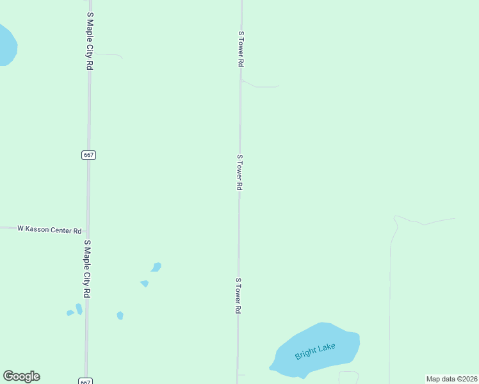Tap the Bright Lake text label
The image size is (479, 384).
click(x=314, y=351)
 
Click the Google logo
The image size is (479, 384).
click(x=21, y=376)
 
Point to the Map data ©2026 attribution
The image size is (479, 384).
click(x=451, y=379)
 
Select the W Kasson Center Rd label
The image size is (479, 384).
click(x=49, y=229)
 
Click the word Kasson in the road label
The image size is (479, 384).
click(x=40, y=228)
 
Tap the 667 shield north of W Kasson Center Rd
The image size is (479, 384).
click(x=89, y=155)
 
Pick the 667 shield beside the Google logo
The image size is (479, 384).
click(x=86, y=381)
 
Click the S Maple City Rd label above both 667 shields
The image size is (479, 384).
click(x=90, y=44)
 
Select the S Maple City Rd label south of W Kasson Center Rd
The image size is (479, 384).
click(x=86, y=268)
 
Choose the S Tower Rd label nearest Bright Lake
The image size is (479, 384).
click(x=238, y=296)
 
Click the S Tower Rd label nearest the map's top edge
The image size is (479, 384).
click(x=241, y=49)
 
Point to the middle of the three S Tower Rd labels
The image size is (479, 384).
click(x=239, y=172)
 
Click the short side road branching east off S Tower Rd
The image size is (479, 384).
click(x=263, y=85)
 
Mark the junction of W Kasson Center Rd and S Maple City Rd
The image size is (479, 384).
click(x=87, y=230)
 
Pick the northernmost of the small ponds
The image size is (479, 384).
click(x=156, y=266)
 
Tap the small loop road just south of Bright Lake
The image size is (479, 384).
click(x=348, y=376)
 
